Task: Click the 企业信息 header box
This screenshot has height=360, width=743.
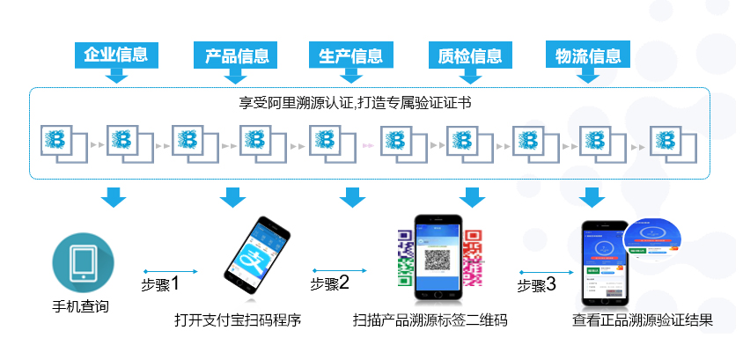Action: tap(114, 55)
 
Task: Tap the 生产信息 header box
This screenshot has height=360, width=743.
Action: tap(350, 55)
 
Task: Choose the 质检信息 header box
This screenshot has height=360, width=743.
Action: tap(470, 55)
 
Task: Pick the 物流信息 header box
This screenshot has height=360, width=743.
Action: tap(588, 55)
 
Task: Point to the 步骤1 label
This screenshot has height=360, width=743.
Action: tap(160, 284)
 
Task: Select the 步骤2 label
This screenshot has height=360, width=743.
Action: tap(330, 283)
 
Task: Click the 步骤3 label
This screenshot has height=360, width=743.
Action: tap(536, 285)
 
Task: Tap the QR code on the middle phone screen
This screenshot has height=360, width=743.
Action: tap(438, 260)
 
